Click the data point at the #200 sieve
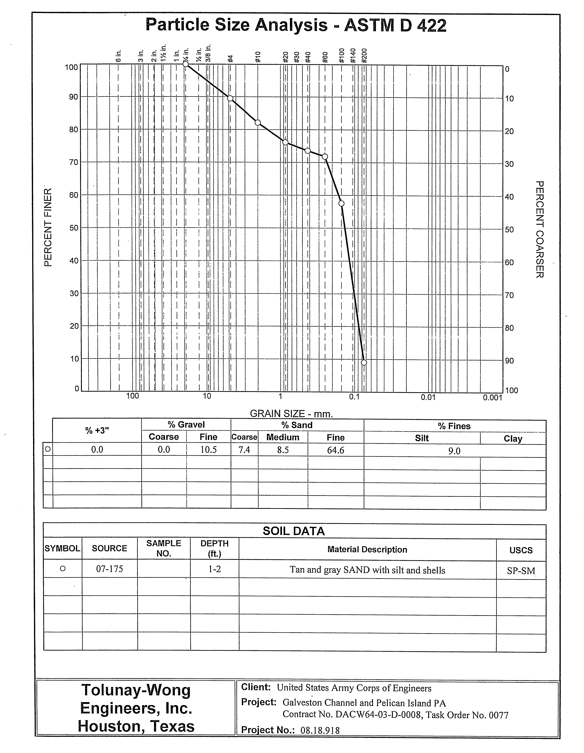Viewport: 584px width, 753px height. click(364, 362)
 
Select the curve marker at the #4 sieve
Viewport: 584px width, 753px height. click(230, 99)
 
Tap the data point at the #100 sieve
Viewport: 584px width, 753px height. click(341, 203)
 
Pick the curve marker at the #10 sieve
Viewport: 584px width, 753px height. click(258, 123)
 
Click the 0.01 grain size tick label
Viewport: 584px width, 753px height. click(428, 397)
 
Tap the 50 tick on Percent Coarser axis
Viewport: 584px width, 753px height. click(510, 230)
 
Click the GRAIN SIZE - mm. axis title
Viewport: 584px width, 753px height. click(291, 414)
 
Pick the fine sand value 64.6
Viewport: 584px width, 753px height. click(335, 450)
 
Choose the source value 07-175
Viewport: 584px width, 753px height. click(109, 569)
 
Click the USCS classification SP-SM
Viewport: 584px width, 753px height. click(521, 571)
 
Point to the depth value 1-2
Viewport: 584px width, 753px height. click(214, 569)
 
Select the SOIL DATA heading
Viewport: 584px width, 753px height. click(294, 531)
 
